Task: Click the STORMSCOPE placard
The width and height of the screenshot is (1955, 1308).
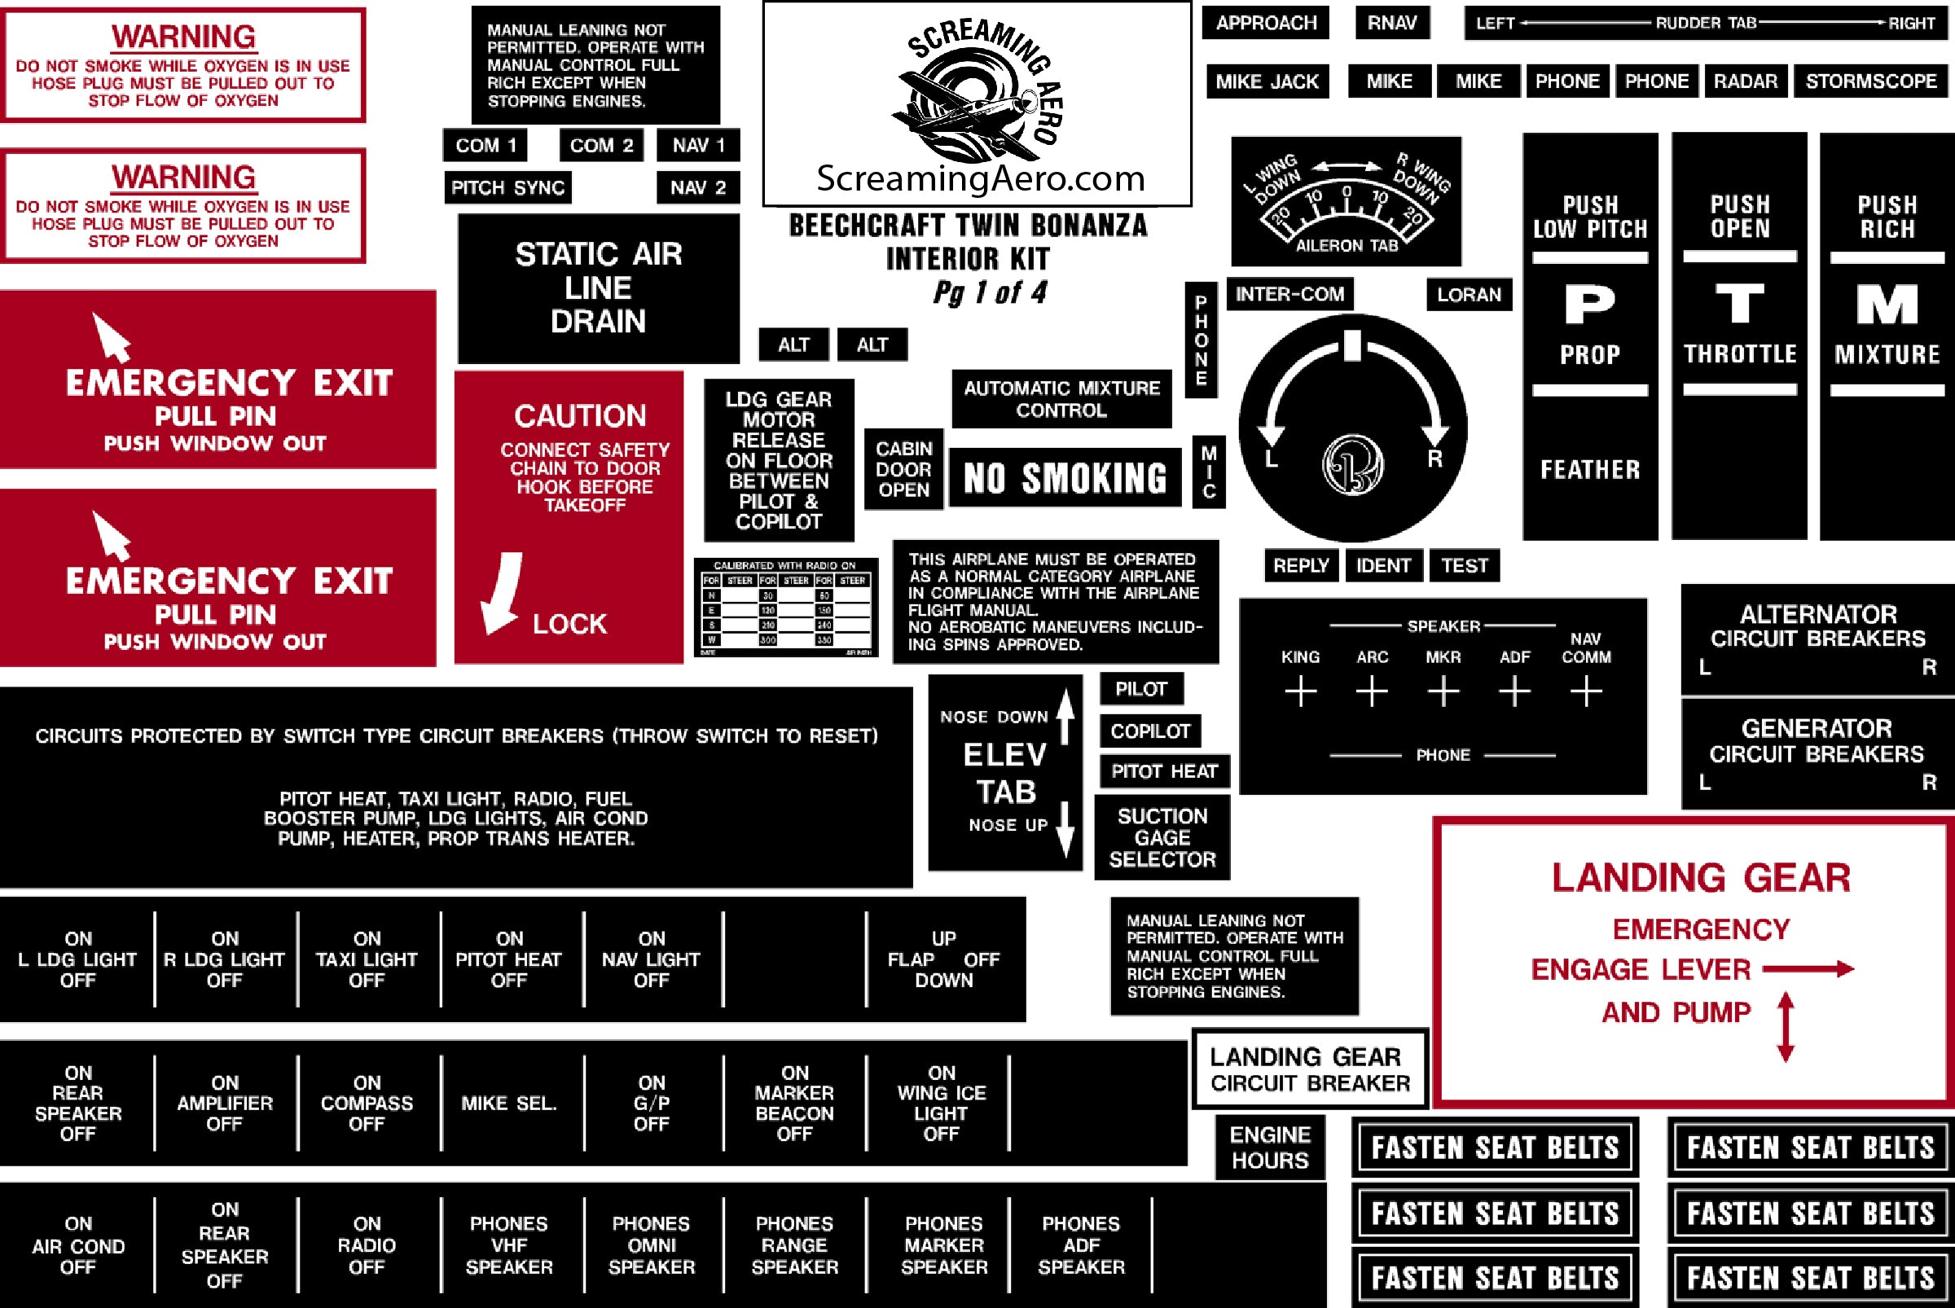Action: pyautogui.click(x=1871, y=81)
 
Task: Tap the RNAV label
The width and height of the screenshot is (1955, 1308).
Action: pyautogui.click(x=1392, y=24)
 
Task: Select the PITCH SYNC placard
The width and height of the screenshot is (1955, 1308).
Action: pyautogui.click(x=507, y=187)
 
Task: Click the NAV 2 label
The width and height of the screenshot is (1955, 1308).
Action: pyautogui.click(x=697, y=187)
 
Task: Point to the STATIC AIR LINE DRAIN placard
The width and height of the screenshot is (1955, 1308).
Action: pyautogui.click(x=598, y=287)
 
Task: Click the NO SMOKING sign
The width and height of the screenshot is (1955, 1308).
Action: pyautogui.click(x=1065, y=478)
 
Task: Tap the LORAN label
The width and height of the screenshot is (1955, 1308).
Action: pyautogui.click(x=1469, y=295)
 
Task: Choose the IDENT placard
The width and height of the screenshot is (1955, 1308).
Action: pyautogui.click(x=1382, y=565)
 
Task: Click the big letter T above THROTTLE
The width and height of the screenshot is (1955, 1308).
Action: pyautogui.click(x=1740, y=304)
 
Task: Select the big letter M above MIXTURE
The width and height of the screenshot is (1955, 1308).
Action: pyautogui.click(x=1887, y=304)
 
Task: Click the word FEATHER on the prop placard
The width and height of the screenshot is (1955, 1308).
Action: pyautogui.click(x=1589, y=471)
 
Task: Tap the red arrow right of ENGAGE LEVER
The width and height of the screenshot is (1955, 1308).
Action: pyautogui.click(x=1808, y=968)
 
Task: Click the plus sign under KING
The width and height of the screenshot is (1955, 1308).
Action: pyautogui.click(x=1300, y=692)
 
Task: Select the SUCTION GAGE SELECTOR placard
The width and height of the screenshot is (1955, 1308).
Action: pyautogui.click(x=1162, y=837)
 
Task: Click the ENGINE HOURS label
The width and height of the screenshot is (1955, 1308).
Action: pyautogui.click(x=1270, y=1148)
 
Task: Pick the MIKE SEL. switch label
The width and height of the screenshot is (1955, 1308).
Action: pyautogui.click(x=508, y=1103)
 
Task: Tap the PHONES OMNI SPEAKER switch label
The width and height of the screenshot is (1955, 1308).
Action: pyautogui.click(x=651, y=1244)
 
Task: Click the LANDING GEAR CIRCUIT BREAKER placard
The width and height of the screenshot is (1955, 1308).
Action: pyautogui.click(x=1309, y=1069)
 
